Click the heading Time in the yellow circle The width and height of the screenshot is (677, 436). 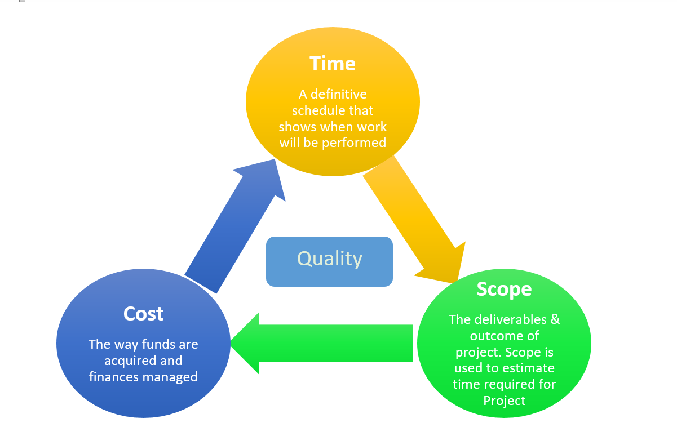pyautogui.click(x=333, y=64)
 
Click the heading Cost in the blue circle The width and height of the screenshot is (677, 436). pyautogui.click(x=143, y=314)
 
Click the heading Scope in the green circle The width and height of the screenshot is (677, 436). pyautogui.click(x=504, y=289)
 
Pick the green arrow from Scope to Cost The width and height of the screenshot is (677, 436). pyautogui.click(x=327, y=343)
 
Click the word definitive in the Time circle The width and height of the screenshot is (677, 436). pyautogui.click(x=339, y=94)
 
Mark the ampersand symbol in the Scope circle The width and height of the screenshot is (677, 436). pyautogui.click(x=555, y=319)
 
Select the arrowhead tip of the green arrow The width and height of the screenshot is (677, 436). pyautogui.click(x=232, y=343)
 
